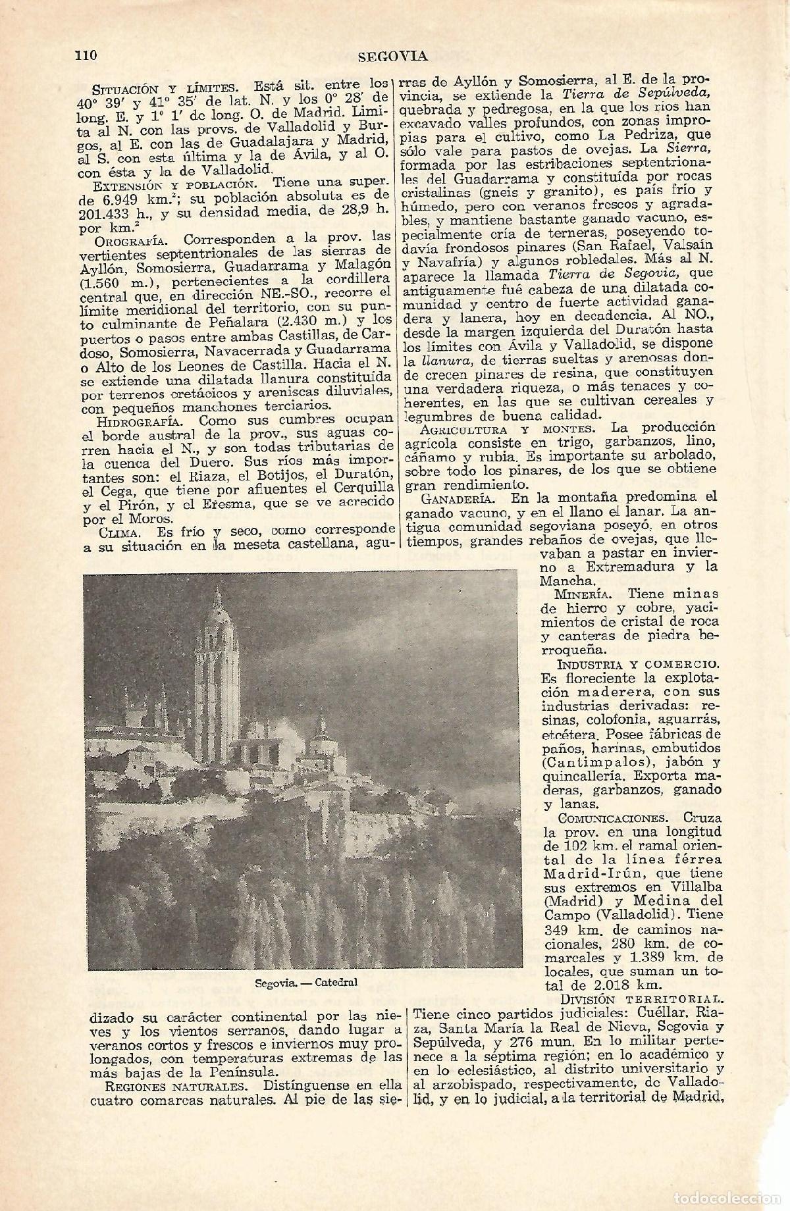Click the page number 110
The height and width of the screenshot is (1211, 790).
coord(86,55)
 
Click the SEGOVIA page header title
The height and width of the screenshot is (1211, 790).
coord(393,56)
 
